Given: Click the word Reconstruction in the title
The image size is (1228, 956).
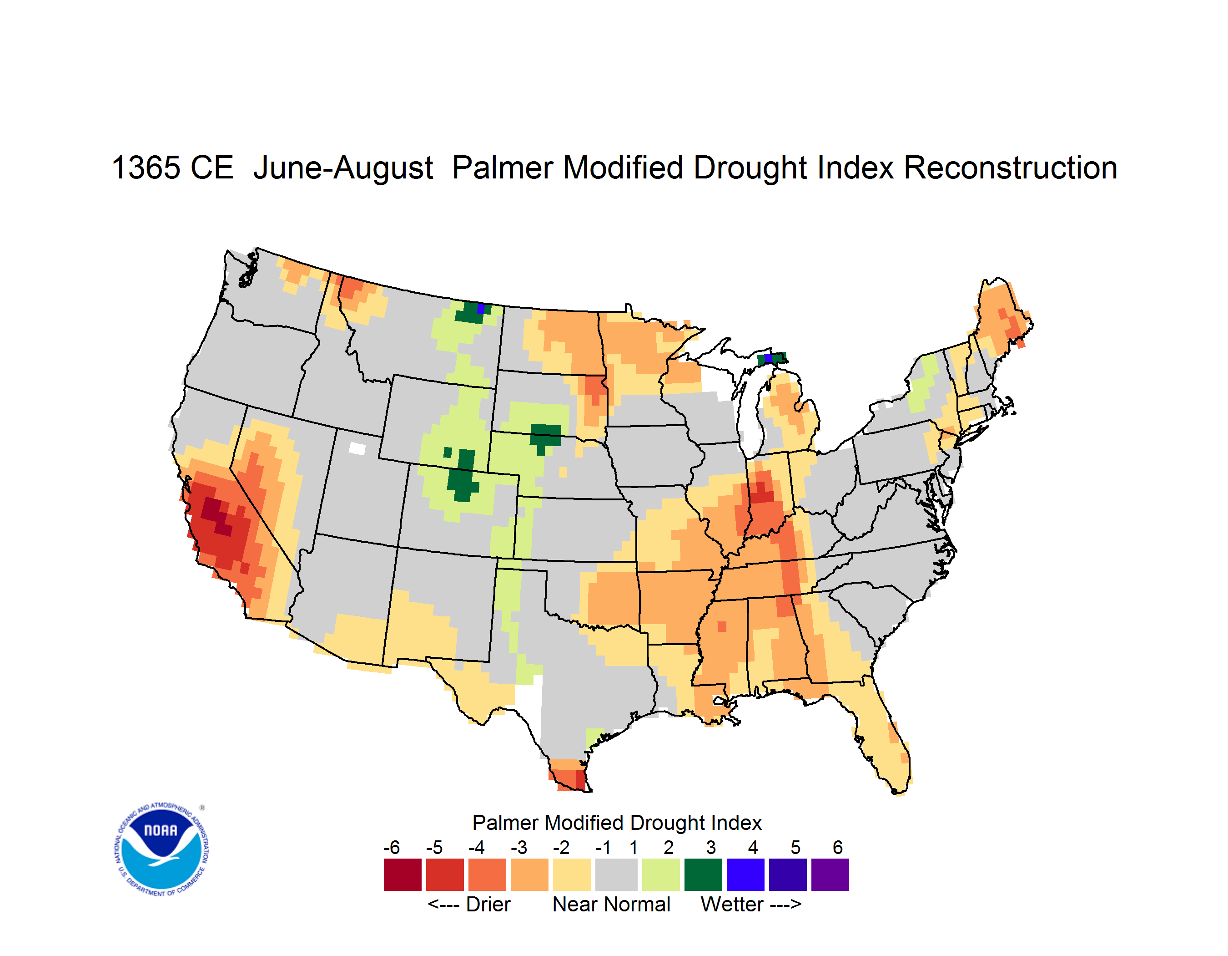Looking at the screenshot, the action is [1011, 168].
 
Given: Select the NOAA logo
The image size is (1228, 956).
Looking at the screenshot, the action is [161, 849].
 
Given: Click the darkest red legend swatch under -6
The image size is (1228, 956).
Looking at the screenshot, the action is [403, 874].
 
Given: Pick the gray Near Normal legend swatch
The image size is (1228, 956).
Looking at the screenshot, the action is [616, 874].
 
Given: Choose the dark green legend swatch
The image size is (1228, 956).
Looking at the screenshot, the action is [703, 874].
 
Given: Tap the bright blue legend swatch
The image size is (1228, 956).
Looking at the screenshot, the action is [745, 874].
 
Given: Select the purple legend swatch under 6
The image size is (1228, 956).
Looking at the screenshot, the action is [830, 874].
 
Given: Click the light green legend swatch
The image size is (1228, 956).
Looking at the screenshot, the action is [661, 874].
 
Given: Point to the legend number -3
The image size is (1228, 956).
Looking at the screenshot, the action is [519, 847].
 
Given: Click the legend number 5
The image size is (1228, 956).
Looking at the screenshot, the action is [795, 847].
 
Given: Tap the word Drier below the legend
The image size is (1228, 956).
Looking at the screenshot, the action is [488, 904].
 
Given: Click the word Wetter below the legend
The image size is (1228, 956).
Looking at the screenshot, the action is [732, 904].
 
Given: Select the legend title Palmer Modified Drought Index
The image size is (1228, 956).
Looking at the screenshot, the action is [617, 823].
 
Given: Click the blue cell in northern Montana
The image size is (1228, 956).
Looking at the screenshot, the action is [481, 308].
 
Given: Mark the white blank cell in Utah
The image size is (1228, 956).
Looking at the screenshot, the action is [357, 448].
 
